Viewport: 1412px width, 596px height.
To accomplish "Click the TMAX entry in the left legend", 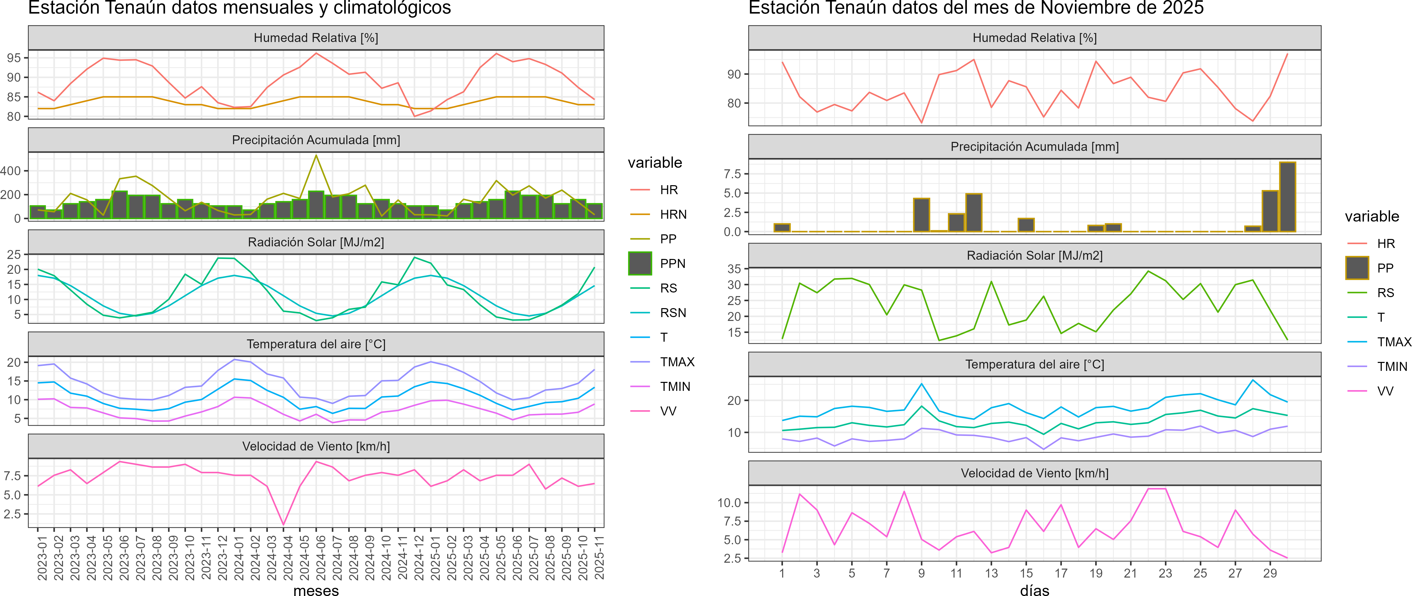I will point(677,362).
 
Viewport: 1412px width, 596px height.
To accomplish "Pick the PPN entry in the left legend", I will point(673,264).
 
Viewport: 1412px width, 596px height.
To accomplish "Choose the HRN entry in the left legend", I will point(673,214).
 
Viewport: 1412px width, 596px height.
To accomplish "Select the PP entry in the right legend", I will point(1385,268).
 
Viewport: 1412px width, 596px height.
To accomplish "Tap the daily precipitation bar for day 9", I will point(922,215).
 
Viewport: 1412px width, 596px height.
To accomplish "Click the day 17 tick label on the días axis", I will point(1061,573).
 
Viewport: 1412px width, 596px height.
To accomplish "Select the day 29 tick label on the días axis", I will point(1270,573).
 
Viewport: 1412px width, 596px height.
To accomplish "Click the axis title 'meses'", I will point(316,590).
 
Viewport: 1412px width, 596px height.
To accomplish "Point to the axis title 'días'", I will point(1034,590).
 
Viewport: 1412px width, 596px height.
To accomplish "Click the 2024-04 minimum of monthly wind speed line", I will point(283,525).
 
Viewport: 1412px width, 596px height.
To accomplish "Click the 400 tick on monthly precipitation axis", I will point(11,171).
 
